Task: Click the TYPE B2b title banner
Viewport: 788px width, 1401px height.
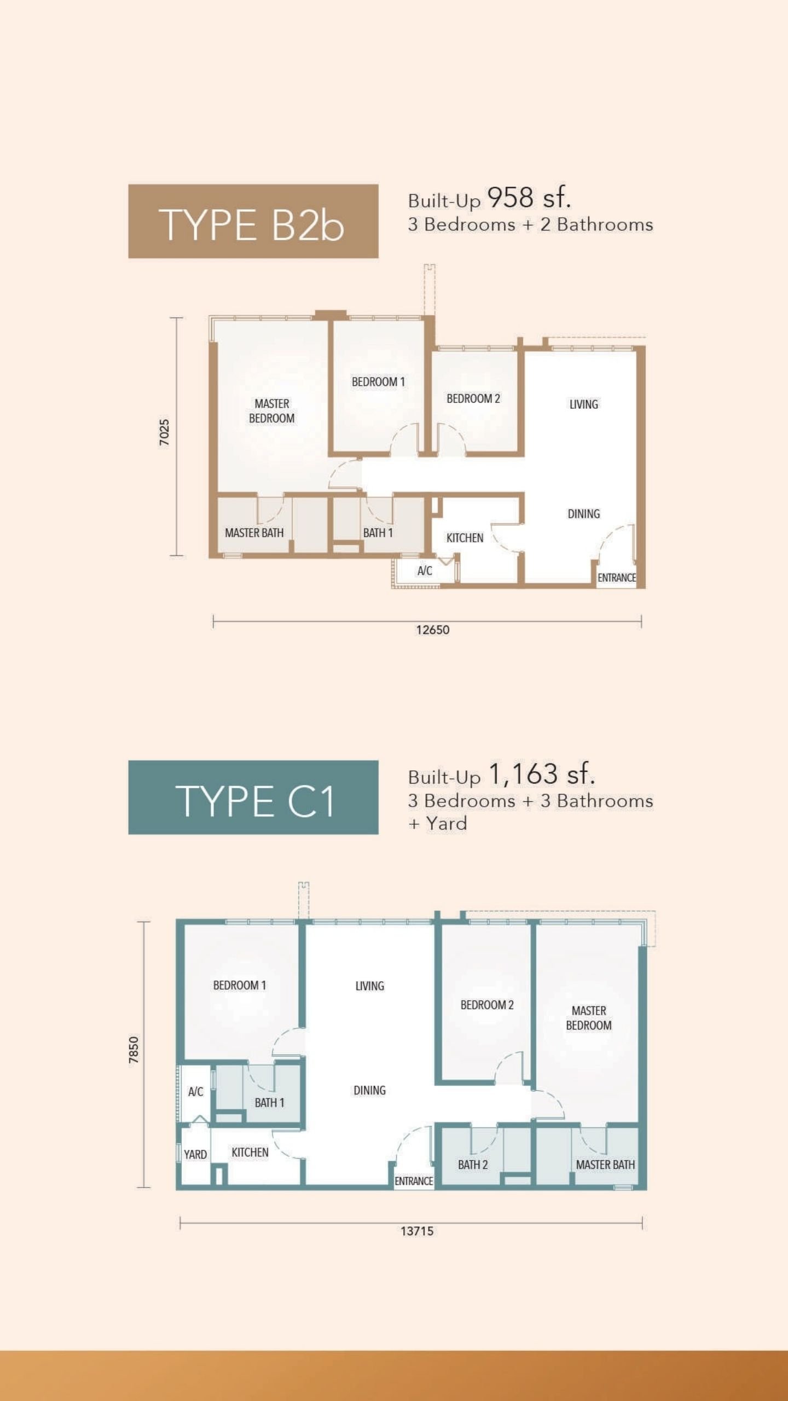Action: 253,221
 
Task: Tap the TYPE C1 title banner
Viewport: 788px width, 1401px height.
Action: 253,797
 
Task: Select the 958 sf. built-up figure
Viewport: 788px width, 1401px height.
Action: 529,198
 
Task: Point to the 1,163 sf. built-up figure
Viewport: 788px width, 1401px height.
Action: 542,774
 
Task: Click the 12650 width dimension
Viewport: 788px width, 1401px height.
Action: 433,630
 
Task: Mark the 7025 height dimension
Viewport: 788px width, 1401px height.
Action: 164,432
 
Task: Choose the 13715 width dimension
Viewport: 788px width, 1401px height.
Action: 417,1231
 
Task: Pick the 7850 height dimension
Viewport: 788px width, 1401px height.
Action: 134,1050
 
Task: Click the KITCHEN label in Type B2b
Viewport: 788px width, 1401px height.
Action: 465,538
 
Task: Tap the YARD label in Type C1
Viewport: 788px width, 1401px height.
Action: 195,1155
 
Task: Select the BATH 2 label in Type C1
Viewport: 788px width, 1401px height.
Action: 473,1165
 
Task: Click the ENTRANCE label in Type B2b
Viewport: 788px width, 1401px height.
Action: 617,578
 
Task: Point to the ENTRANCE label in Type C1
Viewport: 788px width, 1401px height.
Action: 414,1182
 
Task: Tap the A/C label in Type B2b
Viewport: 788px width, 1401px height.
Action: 425,571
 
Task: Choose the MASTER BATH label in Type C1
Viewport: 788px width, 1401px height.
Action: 605,1165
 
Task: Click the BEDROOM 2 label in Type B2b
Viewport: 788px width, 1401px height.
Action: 473,398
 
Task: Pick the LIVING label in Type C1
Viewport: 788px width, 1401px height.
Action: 370,986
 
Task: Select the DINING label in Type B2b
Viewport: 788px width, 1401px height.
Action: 584,514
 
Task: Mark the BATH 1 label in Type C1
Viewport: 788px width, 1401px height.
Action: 269,1103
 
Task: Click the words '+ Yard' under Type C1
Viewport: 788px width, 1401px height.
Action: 437,824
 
